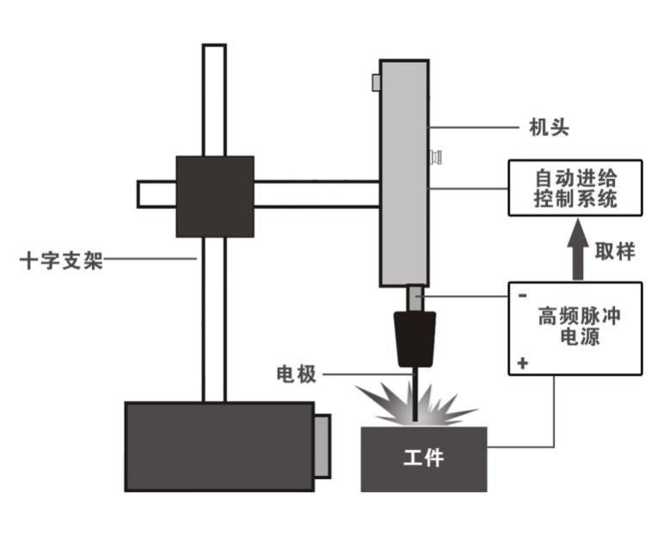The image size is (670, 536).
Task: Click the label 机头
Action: tap(549, 130)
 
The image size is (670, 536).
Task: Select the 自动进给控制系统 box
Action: tap(575, 190)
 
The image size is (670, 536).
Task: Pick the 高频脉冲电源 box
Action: tap(575, 328)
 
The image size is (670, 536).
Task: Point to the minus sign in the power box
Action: tap(522, 294)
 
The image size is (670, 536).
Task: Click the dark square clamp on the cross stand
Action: tap(214, 196)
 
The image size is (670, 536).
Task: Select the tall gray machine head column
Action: tap(404, 172)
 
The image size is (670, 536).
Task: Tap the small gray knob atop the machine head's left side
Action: tap(376, 82)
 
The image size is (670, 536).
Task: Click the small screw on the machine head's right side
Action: tap(436, 157)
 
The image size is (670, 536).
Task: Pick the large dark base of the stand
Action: tap(218, 446)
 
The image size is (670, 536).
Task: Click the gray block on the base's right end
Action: tap(322, 445)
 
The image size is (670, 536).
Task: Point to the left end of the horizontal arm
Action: tap(144, 194)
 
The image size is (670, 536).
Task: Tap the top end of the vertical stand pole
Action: tap(214, 50)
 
